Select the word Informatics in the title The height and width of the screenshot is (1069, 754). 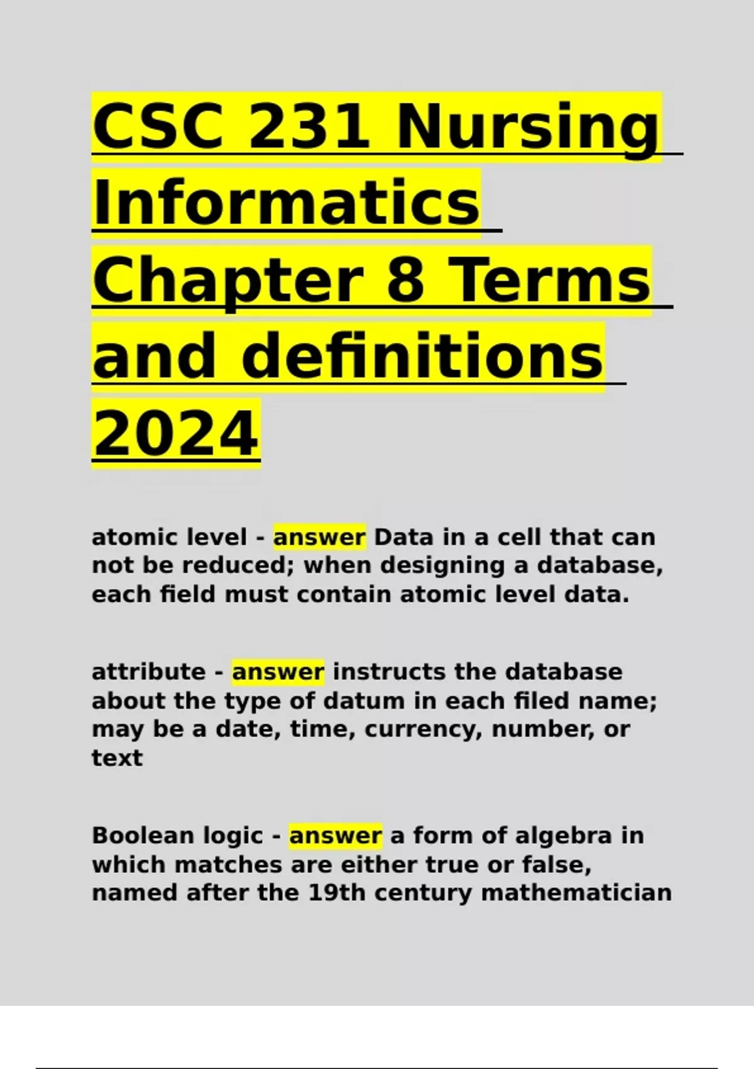point(287,204)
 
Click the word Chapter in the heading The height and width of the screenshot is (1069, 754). point(228,281)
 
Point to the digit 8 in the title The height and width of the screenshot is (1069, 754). point(405,280)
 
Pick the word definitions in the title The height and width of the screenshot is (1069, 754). point(423,357)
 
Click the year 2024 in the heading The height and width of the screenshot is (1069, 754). point(176,434)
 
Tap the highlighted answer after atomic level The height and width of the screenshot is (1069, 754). point(319,538)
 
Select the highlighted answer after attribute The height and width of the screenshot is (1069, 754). point(278,672)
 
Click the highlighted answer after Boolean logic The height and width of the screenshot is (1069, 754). point(336,836)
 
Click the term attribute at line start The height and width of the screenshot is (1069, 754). point(148,672)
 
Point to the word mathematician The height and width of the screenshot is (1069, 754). point(576,893)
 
